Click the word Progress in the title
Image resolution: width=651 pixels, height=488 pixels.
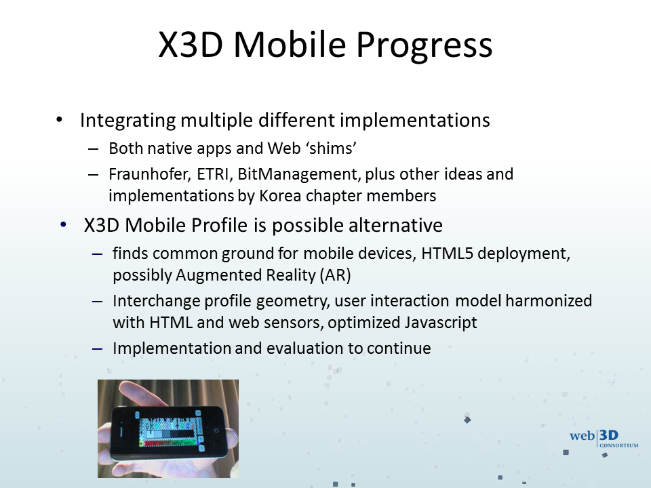tap(425, 45)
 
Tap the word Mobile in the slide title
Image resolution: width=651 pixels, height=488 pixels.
tap(290, 44)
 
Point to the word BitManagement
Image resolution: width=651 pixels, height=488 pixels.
tap(299, 174)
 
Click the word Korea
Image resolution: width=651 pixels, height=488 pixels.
tap(280, 196)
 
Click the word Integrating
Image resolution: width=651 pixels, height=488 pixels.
tap(127, 121)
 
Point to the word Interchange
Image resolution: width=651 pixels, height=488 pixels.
tap(156, 301)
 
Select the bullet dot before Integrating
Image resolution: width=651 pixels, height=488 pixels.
tap(60, 120)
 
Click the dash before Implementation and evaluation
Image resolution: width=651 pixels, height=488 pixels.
tap(98, 348)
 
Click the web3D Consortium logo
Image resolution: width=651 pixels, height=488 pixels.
tap(604, 439)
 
